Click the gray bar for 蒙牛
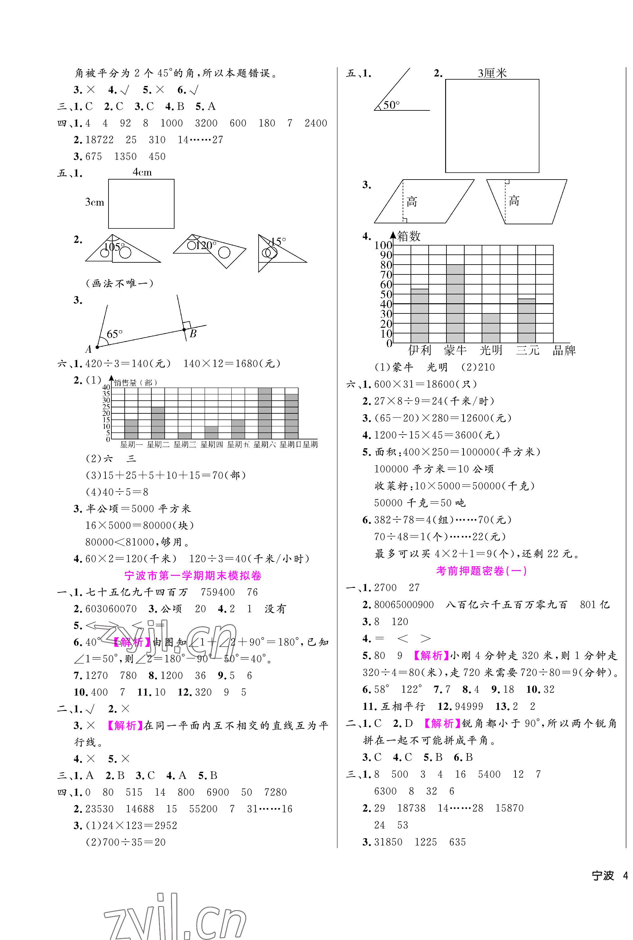point(455,304)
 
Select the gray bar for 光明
point(491,328)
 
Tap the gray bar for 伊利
point(419,316)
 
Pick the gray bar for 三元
point(526,321)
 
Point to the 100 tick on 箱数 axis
point(383,245)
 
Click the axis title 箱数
point(409,236)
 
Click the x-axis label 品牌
point(564,350)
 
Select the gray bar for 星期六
point(264,413)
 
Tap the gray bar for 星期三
point(184,436)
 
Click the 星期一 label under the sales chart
point(131,445)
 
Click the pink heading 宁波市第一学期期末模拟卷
point(193,575)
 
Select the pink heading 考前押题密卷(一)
point(481,571)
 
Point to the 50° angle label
point(391,105)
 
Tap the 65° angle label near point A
point(114,334)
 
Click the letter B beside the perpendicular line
point(193,333)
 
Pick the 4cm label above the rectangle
point(142,172)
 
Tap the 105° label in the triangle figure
point(114,247)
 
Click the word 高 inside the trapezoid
point(513,200)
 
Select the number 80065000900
point(404,605)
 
